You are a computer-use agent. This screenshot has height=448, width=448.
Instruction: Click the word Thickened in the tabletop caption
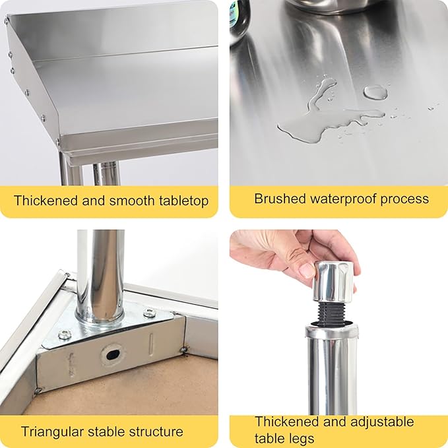click(46, 201)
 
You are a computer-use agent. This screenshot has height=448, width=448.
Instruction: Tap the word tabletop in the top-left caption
click(183, 201)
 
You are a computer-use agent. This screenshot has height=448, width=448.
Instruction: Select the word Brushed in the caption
click(280, 199)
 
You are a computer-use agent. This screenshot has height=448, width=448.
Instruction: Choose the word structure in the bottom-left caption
click(156, 432)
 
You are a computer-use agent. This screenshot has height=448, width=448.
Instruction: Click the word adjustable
click(382, 422)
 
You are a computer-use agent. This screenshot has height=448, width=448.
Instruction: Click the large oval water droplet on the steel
click(375, 92)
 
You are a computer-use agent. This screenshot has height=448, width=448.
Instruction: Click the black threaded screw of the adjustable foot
click(332, 312)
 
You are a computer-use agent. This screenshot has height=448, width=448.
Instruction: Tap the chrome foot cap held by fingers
click(333, 282)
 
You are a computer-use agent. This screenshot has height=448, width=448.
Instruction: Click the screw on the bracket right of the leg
click(149, 313)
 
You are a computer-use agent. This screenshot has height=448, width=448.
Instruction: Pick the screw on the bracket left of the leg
click(65, 335)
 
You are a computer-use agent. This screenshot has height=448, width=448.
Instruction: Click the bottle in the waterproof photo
click(240, 17)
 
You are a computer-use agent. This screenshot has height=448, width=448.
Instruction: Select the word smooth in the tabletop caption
click(132, 201)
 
